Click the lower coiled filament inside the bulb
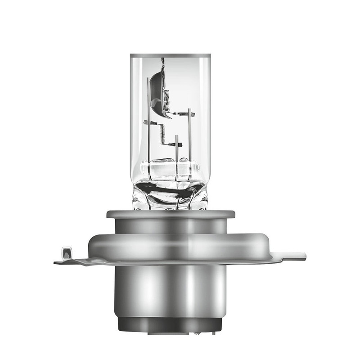pos(162,134)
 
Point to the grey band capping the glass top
pos(170,55)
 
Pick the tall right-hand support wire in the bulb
pos(189,135)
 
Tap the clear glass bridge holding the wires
pos(170,170)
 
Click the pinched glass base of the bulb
pos(170,196)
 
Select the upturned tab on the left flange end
pos(66,252)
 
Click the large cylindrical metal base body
pos(170,288)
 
